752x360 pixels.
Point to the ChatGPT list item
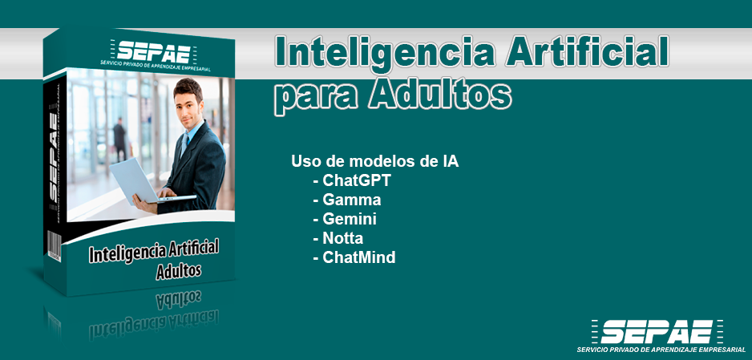pos(352,180)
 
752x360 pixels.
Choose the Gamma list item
pos(347,200)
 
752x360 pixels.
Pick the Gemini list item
pos(345,219)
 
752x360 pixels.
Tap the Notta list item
pos(338,238)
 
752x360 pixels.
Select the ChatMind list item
pos(354,257)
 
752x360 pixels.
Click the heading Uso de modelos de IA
pos(374,161)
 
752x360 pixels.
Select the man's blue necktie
pos(184,145)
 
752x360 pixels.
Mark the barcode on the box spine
pos(54,245)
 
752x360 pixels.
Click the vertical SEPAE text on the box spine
pos(53,157)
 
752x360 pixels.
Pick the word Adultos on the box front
pos(179,270)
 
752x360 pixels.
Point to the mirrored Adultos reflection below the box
pos(179,300)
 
